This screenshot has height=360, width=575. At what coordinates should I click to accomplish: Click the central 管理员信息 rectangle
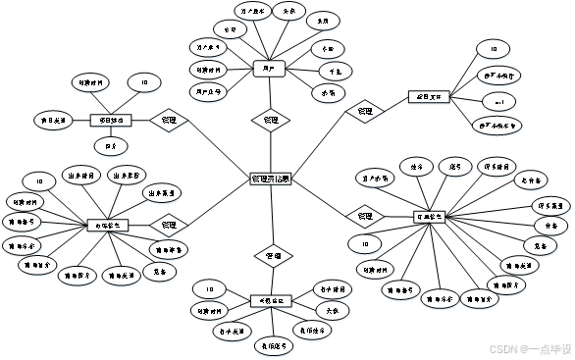271,180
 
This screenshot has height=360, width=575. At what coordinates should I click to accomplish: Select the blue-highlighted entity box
268,70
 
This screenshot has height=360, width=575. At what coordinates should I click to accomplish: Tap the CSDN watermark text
501,347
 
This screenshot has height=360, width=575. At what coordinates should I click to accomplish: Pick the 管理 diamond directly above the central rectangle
271,121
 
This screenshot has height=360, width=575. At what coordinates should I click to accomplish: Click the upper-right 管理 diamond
365,112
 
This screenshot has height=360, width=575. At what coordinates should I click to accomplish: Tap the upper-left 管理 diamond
169,121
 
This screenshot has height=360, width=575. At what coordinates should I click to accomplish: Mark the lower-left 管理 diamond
169,225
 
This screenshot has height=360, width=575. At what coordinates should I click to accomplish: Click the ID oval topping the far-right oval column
494,49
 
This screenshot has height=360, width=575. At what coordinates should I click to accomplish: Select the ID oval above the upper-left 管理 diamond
144,83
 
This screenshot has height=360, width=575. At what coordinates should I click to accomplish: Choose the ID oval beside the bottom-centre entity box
209,289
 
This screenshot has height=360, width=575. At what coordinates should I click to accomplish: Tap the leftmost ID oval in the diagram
39,181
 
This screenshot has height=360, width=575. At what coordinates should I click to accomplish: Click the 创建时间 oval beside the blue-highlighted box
209,70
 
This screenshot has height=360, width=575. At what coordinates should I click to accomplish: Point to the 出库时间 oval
81,175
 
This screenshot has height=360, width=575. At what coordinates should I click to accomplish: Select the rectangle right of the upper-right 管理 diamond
429,96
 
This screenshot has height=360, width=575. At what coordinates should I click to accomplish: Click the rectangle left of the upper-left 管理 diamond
111,122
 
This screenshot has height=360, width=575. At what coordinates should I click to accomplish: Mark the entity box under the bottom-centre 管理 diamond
271,301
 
